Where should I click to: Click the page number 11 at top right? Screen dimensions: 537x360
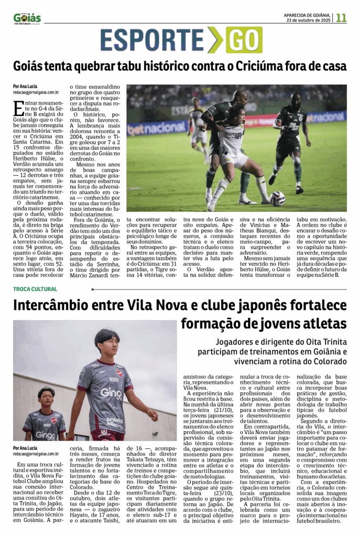coord(341,17)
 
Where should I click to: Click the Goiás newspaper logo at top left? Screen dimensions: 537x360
coord(27,18)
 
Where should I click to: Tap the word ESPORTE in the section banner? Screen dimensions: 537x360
coord(151,40)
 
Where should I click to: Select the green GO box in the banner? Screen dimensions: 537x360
coord(244,40)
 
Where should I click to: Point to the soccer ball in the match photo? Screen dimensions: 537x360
coord(278,198)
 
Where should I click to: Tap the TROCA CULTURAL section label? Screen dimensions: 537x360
coord(35,289)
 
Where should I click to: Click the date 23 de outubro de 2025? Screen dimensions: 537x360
coord(308,20)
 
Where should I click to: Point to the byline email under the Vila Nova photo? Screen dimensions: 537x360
coord(36,454)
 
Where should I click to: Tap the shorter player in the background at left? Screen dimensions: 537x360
coord(45,414)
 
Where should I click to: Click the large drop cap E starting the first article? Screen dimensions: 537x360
coord(19,108)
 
